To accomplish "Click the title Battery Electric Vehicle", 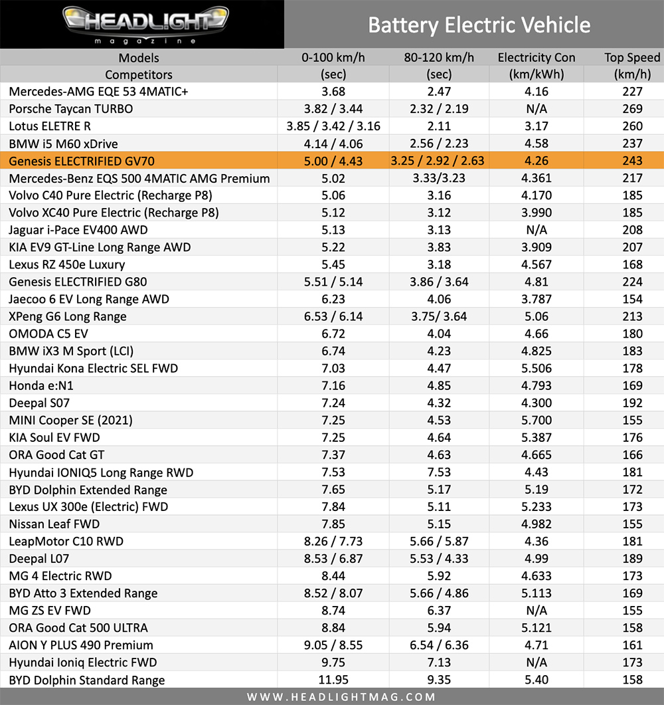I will pos(479,25).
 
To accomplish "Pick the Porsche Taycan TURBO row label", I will pos(71,109).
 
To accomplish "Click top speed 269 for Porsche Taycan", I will pos(632,109).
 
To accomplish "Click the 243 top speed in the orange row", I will pos(632,161).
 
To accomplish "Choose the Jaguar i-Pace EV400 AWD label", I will pos(78,230).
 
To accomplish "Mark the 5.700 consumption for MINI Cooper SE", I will pos(537,420).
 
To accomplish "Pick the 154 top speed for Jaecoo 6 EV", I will pos(632,299).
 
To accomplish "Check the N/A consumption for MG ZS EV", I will pos(537,611).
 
